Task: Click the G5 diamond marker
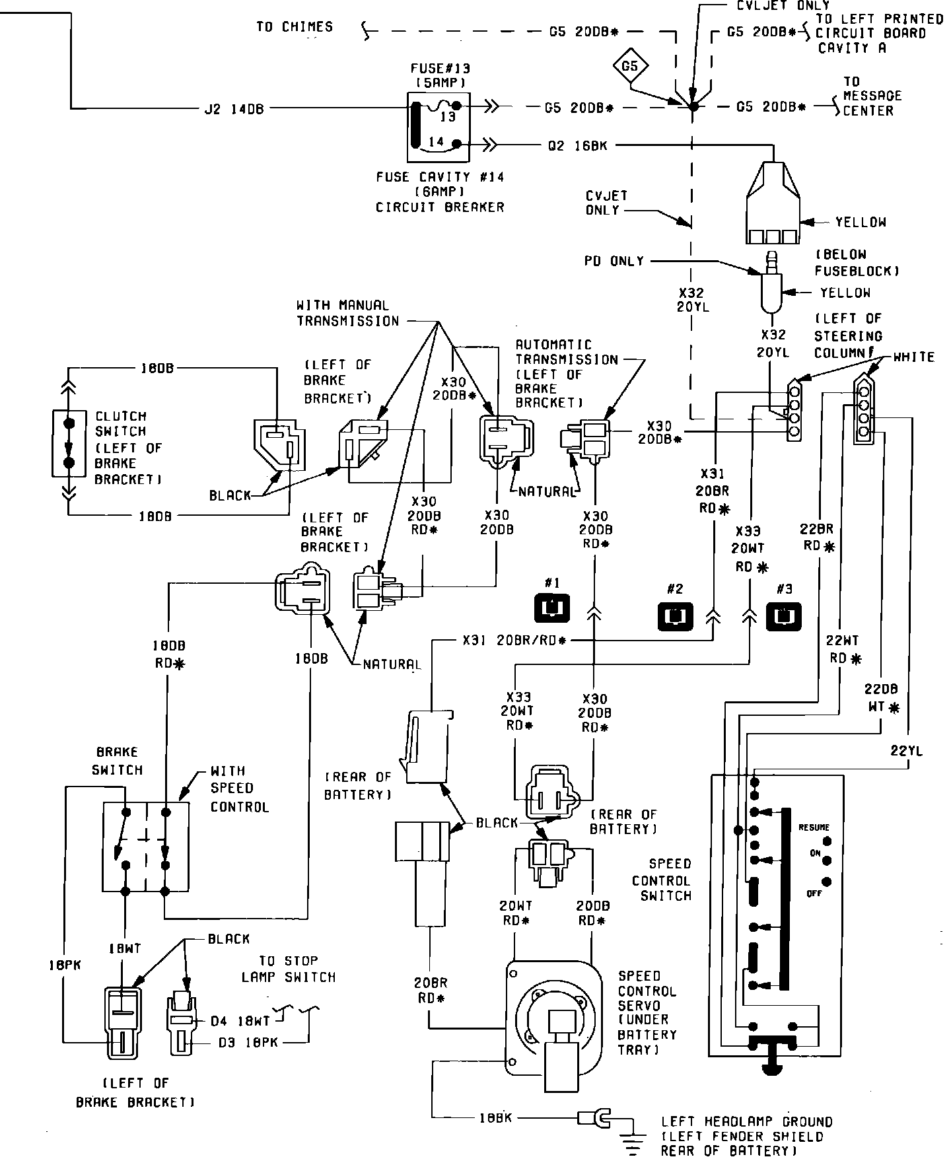630,66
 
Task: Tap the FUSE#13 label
440,68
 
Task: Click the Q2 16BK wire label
577,145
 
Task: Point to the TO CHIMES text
295,27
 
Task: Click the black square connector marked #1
551,608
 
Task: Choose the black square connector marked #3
783,614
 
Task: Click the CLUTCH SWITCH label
121,424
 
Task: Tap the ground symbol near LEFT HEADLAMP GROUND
633,1139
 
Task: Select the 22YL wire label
907,750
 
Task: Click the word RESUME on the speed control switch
814,827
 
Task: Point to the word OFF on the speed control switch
814,894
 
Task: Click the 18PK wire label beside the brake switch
64,965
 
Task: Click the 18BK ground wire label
495,1118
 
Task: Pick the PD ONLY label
614,262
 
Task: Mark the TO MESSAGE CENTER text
872,96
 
